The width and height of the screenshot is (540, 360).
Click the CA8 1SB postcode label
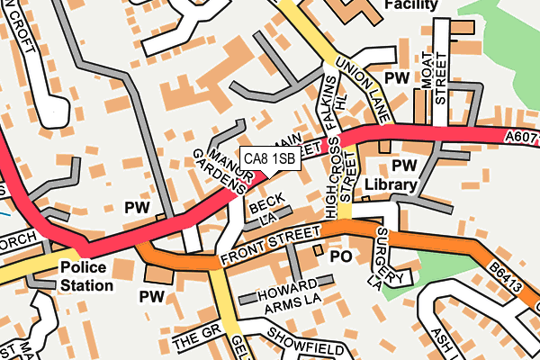[270, 159]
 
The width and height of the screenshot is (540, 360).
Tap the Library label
[391, 185]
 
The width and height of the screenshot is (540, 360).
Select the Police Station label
[87, 276]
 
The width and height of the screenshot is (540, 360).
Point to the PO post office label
[340, 256]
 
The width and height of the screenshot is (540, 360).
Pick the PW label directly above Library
[405, 166]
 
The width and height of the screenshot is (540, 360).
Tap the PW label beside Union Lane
[397, 78]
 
